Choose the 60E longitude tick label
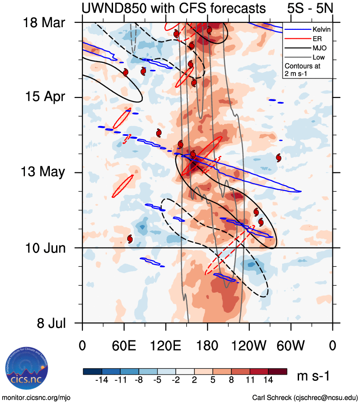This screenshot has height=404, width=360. coord(124,345)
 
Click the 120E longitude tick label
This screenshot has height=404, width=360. coord(166,345)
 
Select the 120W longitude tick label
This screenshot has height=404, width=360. coord(249,345)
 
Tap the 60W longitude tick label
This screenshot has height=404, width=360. coord(291,345)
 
